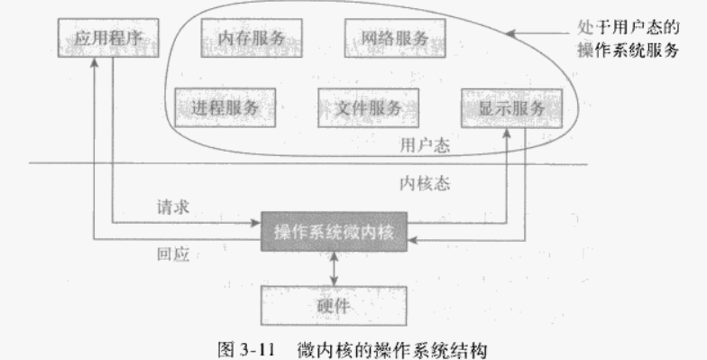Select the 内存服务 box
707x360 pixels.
[252, 39]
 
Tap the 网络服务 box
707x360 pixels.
[385, 39]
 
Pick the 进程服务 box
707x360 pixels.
[225, 107]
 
